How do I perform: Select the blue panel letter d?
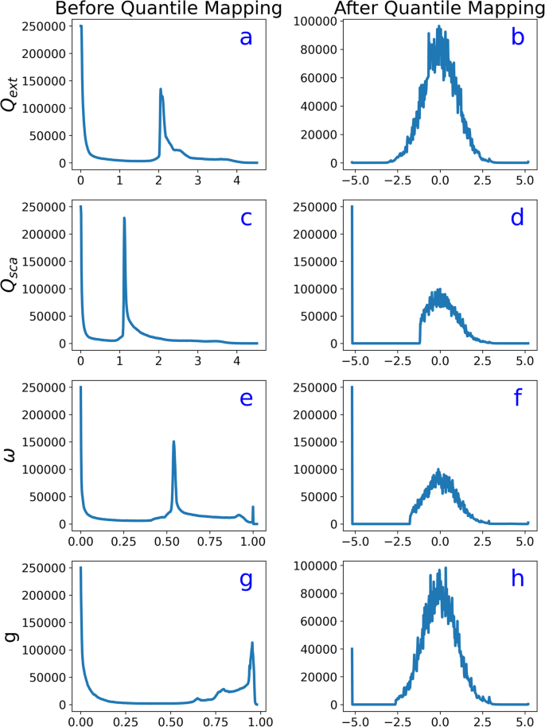point(517,217)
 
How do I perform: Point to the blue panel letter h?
point(517,579)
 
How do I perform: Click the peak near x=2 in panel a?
point(161,89)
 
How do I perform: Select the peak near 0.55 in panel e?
point(173,441)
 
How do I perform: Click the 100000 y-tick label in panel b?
point(316,21)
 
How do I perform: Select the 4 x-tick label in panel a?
point(236,179)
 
